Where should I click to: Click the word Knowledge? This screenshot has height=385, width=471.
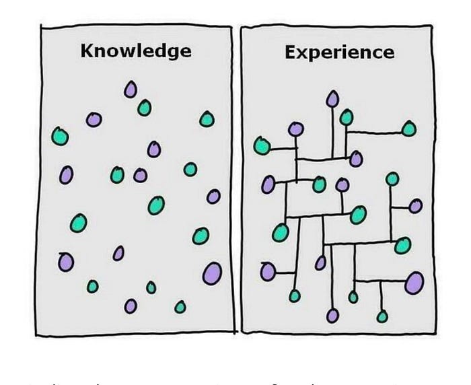click(135, 51)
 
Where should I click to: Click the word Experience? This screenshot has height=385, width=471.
click(339, 53)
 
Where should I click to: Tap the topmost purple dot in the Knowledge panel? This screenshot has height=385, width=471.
click(130, 90)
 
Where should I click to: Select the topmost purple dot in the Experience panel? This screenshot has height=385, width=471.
click(332, 100)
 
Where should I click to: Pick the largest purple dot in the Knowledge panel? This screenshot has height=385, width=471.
click(212, 273)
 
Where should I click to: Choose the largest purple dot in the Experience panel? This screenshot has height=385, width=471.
click(414, 282)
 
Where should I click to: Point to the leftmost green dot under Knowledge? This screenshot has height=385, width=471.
click(60, 136)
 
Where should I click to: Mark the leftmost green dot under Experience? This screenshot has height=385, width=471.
click(262, 145)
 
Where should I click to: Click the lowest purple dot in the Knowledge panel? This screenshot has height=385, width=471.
click(131, 306)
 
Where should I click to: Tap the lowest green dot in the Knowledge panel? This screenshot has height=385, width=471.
click(180, 307)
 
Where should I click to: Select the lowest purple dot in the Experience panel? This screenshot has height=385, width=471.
click(332, 315)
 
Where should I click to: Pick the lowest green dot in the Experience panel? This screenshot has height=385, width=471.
click(382, 316)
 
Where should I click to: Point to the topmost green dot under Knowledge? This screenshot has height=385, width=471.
click(144, 108)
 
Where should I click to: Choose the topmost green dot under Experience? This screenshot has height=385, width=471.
click(347, 117)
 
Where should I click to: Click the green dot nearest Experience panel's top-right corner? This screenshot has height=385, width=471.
click(409, 128)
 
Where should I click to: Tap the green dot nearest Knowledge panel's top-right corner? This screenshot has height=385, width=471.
click(207, 119)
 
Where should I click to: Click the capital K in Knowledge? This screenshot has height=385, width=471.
click(86, 51)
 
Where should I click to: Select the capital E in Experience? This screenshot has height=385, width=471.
click(290, 53)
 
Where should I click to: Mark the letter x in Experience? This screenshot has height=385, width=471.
click(302, 53)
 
